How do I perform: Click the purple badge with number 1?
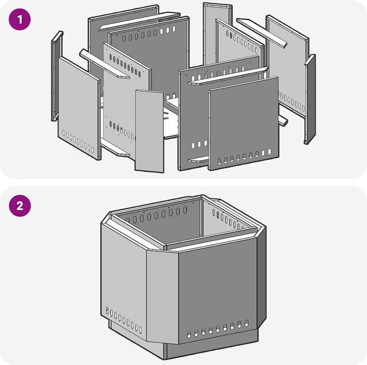(x=20, y=19)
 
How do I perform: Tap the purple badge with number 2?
(x=20, y=205)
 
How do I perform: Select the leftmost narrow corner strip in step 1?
(x=57, y=76)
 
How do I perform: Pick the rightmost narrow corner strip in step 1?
(x=310, y=99)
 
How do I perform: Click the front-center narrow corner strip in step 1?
(x=149, y=131)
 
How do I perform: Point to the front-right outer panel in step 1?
(x=244, y=123)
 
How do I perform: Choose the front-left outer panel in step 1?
(x=80, y=109)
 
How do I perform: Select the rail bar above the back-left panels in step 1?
(x=139, y=21)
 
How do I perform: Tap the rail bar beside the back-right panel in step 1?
(x=262, y=33)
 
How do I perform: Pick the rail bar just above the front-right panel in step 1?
(x=228, y=76)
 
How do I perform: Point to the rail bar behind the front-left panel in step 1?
(x=104, y=64)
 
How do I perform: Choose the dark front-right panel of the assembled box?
(x=218, y=290)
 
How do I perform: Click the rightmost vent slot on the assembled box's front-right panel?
(x=247, y=323)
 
